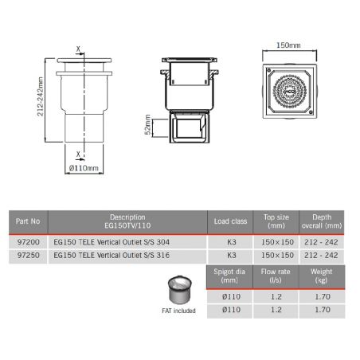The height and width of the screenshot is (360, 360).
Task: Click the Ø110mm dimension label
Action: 83,169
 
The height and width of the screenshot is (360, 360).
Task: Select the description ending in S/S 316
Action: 119,256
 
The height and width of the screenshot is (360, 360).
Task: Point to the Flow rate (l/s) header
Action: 276,276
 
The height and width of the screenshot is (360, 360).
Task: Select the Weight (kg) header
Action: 322,276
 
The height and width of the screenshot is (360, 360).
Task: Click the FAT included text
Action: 178,311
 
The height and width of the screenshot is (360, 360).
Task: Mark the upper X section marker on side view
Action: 77,49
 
